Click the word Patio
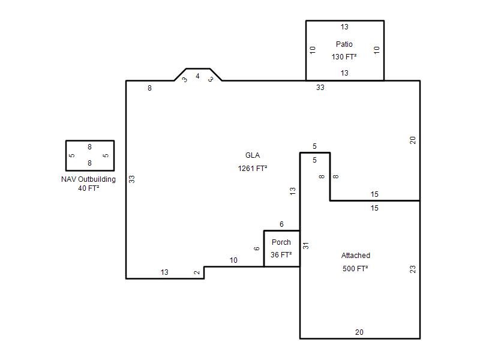(344, 44)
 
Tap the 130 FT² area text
(344, 57)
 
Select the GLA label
(253, 155)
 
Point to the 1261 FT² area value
(253, 169)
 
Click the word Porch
(281, 242)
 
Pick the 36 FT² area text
(281, 254)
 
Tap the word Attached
(355, 256)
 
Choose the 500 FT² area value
(355, 268)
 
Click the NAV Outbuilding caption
(88, 179)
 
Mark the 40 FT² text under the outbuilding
(88, 188)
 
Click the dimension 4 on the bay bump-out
(198, 76)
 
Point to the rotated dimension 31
(306, 245)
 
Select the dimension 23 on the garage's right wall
(413, 269)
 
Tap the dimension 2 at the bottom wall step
(197, 272)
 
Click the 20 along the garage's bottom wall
(359, 332)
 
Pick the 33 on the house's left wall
(131, 179)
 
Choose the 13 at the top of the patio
(344, 27)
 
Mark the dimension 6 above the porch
(281, 224)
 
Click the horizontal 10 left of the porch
(233, 260)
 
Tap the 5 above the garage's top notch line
(314, 146)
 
